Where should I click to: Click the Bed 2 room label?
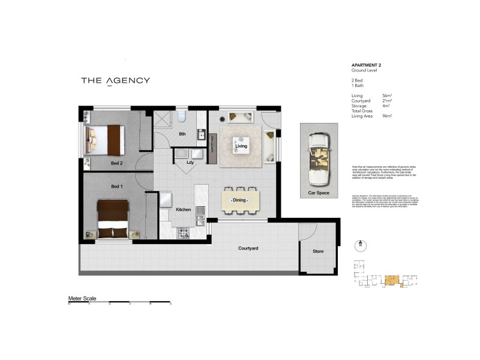116,163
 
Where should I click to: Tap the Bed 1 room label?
116,187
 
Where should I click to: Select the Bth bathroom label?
182,134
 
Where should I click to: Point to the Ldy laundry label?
191,161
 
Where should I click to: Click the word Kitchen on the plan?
183,209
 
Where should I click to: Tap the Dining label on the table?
240,200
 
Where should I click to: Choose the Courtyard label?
248,248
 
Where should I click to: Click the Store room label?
318,251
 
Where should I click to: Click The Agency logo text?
115,80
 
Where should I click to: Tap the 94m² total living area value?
388,116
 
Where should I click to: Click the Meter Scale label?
82,298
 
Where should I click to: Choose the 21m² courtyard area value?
388,101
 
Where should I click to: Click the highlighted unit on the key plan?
392,280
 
